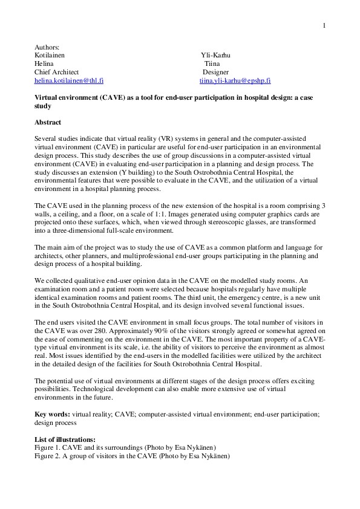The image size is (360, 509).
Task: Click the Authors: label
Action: (x=47, y=48)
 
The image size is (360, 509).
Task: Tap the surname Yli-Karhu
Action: (x=215, y=56)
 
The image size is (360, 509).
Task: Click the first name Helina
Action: (x=44, y=63)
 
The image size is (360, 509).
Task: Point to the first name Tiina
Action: (x=212, y=63)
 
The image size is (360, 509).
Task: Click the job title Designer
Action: (x=215, y=72)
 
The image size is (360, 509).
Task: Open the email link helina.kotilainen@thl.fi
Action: (x=69, y=80)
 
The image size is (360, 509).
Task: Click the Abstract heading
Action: (x=48, y=122)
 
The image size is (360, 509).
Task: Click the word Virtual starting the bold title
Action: (x=47, y=97)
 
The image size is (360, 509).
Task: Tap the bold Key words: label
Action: (x=53, y=415)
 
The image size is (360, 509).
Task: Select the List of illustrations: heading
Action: (x=65, y=439)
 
